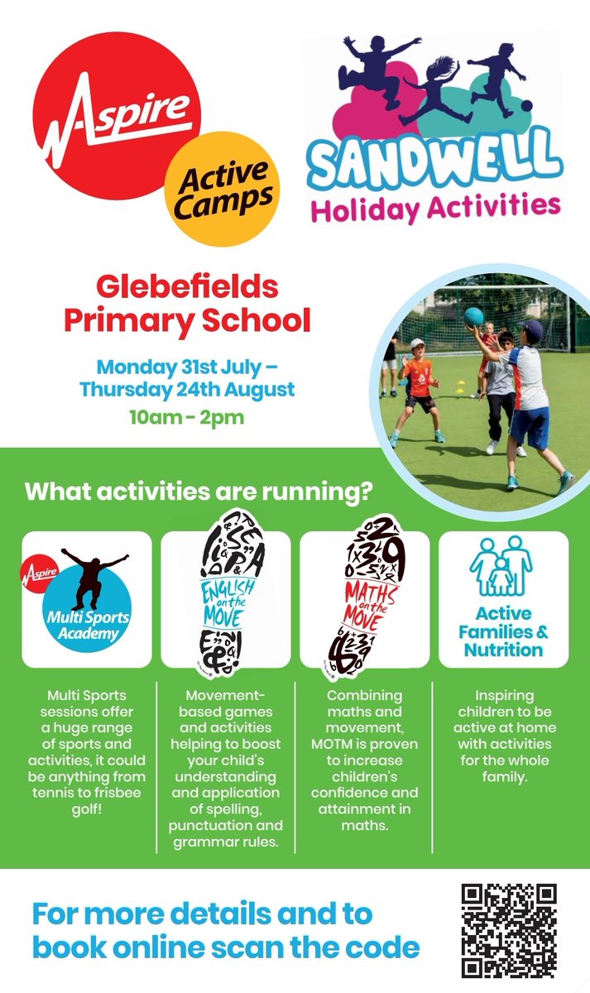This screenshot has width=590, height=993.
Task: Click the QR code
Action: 509,930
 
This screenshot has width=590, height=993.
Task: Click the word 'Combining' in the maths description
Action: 365,695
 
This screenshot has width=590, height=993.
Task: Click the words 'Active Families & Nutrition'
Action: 504,632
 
